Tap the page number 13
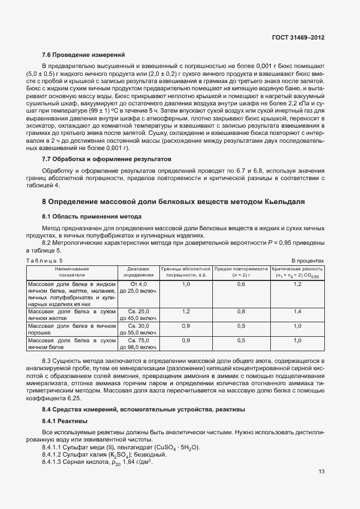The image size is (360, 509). (322, 471)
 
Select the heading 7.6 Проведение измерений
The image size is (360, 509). (83, 55)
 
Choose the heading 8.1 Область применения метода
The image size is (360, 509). (92, 216)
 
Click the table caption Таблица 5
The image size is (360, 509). (45, 260)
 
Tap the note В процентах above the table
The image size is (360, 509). (308, 260)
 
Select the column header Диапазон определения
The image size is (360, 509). (139, 272)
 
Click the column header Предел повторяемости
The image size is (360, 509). (241, 272)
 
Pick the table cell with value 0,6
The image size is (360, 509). (241, 284)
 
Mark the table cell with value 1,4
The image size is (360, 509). (297, 311)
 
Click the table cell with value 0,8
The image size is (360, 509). (241, 311)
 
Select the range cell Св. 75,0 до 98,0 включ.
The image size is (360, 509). (139, 343)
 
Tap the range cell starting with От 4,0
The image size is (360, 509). (139, 288)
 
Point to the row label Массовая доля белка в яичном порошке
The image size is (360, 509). (71, 329)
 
